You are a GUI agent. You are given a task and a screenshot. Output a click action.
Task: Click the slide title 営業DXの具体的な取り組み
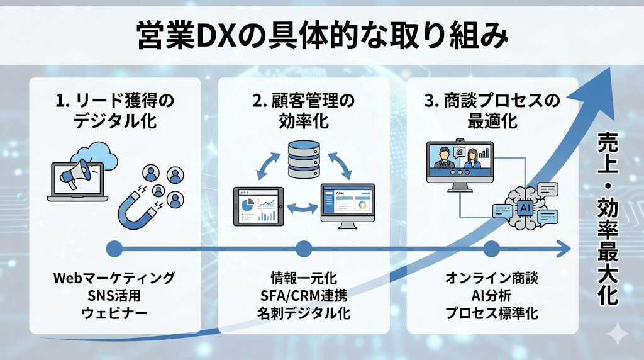(x=322, y=37)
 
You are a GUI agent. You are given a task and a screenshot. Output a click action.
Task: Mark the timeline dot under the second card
(x=304, y=249)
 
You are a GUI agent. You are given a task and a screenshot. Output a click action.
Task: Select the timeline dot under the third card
(x=492, y=249)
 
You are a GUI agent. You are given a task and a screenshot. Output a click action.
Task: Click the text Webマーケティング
(x=114, y=278)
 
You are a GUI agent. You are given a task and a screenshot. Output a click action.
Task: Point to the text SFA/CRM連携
(x=304, y=295)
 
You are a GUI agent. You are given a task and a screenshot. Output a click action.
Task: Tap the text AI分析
(x=492, y=295)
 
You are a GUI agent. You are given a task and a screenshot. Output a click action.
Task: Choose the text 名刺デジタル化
(x=304, y=312)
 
